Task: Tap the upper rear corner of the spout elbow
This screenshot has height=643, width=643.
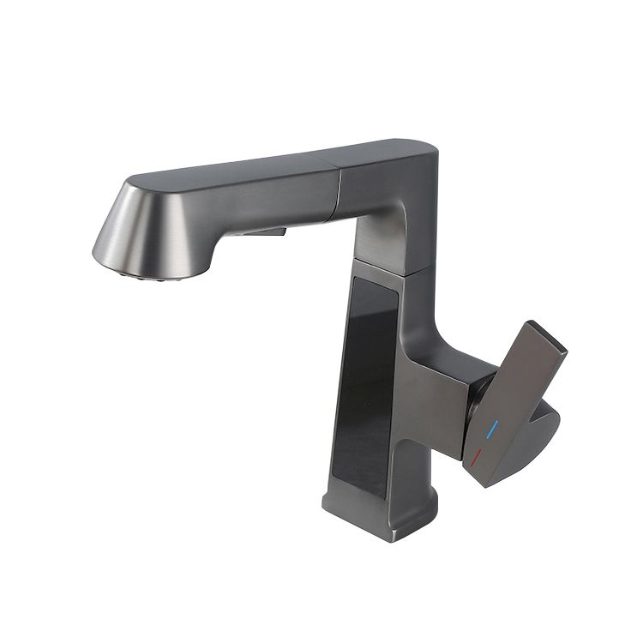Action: (x=429, y=150)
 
